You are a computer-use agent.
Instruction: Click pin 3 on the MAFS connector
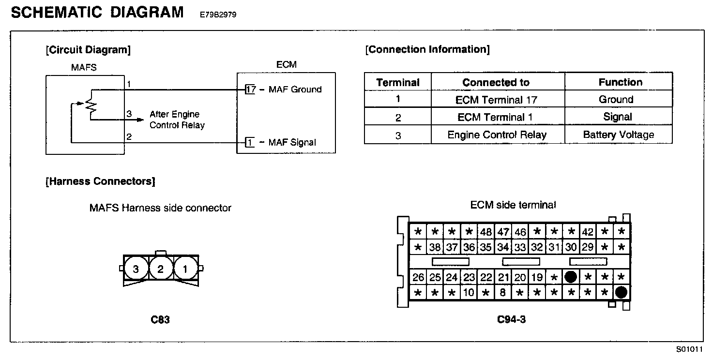[136, 269]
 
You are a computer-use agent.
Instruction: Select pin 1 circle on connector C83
[185, 269]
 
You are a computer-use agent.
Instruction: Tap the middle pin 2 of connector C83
[160, 269]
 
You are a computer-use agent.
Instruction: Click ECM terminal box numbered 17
[250, 90]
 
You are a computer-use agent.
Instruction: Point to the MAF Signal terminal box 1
[250, 142]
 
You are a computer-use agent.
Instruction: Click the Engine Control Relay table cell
[497, 135]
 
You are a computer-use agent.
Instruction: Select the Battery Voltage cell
[619, 135]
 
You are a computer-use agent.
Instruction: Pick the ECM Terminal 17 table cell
[497, 100]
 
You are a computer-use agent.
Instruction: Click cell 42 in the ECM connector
[588, 232]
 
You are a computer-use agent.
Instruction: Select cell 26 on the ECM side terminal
[418, 277]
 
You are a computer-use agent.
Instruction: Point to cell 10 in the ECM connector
[469, 292]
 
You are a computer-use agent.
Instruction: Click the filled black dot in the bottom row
[621, 292]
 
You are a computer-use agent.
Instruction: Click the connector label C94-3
[511, 319]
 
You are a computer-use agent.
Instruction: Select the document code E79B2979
[218, 15]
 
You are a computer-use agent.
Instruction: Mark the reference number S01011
[689, 349]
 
